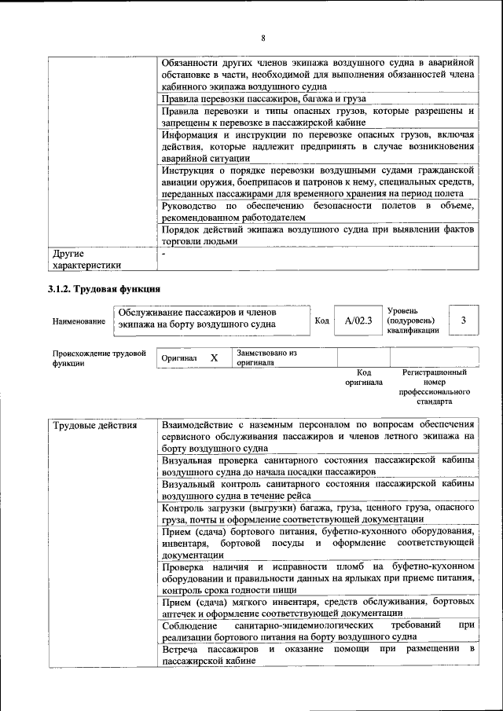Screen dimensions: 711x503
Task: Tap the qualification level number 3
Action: (464, 321)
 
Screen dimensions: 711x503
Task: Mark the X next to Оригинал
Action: (214, 358)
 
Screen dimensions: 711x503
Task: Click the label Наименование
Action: (79, 321)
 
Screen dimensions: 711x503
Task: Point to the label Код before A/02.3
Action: (321, 321)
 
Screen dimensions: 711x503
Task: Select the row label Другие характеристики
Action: (86, 260)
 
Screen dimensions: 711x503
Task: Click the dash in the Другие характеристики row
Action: (163, 255)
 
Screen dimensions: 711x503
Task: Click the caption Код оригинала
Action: (363, 377)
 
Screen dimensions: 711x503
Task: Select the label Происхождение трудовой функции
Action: (99, 358)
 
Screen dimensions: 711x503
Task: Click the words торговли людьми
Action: (199, 242)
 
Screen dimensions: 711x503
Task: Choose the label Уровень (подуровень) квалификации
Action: (413, 321)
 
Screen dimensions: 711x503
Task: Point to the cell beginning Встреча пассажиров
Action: (318, 656)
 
